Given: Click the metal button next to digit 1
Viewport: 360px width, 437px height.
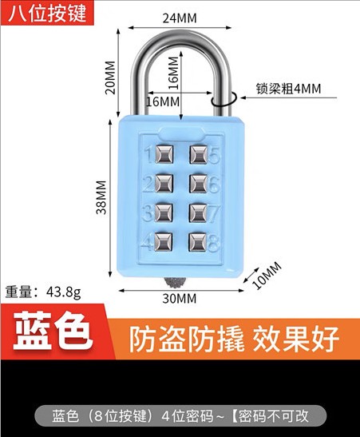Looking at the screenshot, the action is (x=164, y=154).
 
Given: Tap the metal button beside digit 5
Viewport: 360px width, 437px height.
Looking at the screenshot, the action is (x=199, y=154).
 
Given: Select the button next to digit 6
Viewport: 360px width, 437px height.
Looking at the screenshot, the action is (x=198, y=184).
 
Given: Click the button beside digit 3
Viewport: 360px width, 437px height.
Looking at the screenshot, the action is (x=164, y=213).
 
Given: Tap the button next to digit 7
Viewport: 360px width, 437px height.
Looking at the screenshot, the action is (x=198, y=213).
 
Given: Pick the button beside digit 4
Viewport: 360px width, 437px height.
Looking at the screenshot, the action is (x=163, y=241).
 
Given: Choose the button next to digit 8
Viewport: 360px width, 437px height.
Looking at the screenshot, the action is (x=197, y=241).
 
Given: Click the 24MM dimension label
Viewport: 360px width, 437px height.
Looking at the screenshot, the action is (x=180, y=18).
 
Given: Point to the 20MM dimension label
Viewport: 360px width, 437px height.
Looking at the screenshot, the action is (x=110, y=77).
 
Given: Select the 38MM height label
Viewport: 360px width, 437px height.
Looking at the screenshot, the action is (x=101, y=197).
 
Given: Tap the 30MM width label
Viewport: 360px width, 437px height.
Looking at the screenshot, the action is (x=180, y=299).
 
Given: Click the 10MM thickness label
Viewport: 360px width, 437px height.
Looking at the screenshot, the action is (x=267, y=276).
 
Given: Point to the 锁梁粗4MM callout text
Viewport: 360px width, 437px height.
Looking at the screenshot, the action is (x=288, y=89).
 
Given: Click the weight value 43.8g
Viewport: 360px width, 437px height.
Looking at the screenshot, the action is (x=64, y=292).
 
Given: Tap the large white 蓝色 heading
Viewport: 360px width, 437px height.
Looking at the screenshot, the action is (x=53, y=331).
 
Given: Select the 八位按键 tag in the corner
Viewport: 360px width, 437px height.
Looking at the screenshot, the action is (x=47, y=13).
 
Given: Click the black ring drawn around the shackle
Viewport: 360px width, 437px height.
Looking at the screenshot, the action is (x=224, y=99).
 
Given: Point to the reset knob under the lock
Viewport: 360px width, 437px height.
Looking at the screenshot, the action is (x=175, y=283).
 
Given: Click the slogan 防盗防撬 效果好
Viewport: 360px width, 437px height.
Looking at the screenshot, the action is (x=234, y=340).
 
